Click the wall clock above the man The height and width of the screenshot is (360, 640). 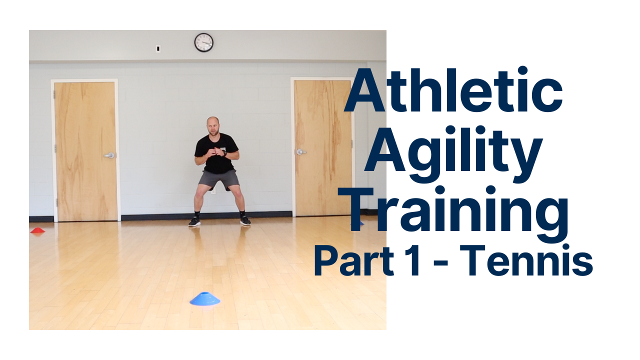[203, 42]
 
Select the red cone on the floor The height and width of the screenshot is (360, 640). [37, 230]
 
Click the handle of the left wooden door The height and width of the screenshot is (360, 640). [109, 155]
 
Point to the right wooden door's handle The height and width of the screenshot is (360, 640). [300, 151]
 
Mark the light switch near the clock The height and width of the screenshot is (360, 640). [158, 49]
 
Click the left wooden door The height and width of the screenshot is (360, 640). [85, 150]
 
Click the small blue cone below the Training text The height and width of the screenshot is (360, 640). [361, 222]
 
